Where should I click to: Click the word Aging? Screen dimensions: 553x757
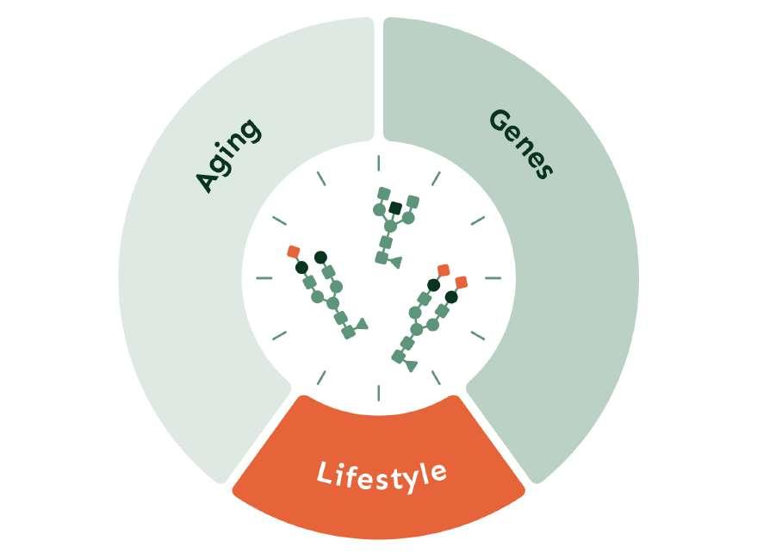(x=227, y=155)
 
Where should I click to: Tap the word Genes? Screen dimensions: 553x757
(x=519, y=144)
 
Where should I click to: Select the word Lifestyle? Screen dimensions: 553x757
(x=381, y=473)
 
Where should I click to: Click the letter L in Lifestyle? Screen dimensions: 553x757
(x=324, y=475)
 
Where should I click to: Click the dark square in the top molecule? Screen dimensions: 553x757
(x=395, y=208)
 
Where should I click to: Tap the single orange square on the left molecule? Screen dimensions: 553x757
(x=293, y=251)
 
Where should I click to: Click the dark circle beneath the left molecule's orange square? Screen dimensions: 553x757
(x=301, y=267)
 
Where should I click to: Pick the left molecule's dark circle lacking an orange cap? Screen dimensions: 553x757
(x=321, y=257)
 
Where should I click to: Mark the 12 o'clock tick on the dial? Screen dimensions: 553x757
(x=378, y=162)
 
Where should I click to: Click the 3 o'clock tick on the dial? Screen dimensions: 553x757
(x=493, y=278)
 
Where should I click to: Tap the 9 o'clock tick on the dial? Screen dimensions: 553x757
(x=264, y=277)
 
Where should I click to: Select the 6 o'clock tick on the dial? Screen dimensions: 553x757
(x=378, y=393)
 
